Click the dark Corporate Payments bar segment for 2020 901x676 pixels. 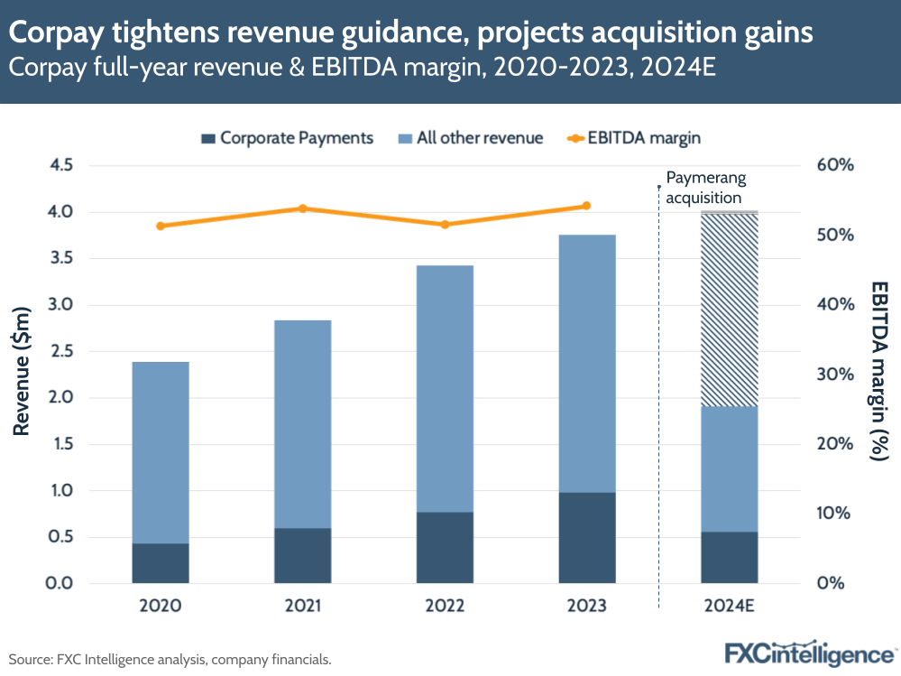(161, 562)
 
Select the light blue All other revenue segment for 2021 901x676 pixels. (303, 424)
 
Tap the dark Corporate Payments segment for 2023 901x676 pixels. (587, 537)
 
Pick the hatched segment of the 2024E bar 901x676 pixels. (729, 310)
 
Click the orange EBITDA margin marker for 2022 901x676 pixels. (445, 224)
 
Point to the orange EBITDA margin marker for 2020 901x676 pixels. (161, 226)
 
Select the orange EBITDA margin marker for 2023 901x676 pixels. (586, 206)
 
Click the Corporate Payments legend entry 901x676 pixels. (287, 138)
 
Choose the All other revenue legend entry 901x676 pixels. (470, 138)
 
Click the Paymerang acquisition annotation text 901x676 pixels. (705, 188)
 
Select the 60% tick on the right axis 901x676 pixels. (833, 165)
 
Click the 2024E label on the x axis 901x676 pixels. (729, 605)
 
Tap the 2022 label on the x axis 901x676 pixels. (445, 605)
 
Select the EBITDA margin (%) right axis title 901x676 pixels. (878, 372)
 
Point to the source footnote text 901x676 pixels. (170, 660)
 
